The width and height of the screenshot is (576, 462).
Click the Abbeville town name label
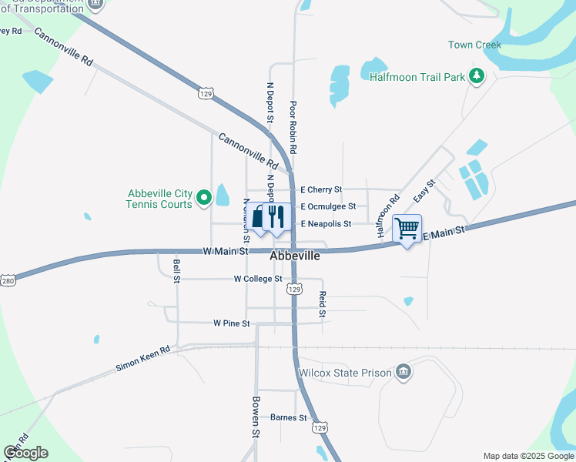click(x=294, y=256)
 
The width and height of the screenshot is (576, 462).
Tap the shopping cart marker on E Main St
click(x=407, y=228)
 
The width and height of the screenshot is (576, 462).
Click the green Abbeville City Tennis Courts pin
click(x=204, y=199)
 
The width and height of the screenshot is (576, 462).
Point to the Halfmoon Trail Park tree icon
click(x=477, y=75)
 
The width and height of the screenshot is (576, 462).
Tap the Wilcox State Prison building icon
click(x=403, y=373)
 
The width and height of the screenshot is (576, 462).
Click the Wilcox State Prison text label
click(x=345, y=373)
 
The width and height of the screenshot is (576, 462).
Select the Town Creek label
click(x=474, y=45)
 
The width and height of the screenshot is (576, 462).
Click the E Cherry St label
click(x=320, y=189)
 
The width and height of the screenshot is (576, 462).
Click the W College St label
click(x=258, y=279)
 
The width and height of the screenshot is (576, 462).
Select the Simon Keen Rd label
click(x=143, y=358)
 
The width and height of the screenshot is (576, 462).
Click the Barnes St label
click(x=289, y=418)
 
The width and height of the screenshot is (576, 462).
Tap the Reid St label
click(x=323, y=304)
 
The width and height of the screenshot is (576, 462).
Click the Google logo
click(x=25, y=453)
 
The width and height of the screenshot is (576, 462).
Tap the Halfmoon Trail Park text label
click(x=417, y=77)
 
